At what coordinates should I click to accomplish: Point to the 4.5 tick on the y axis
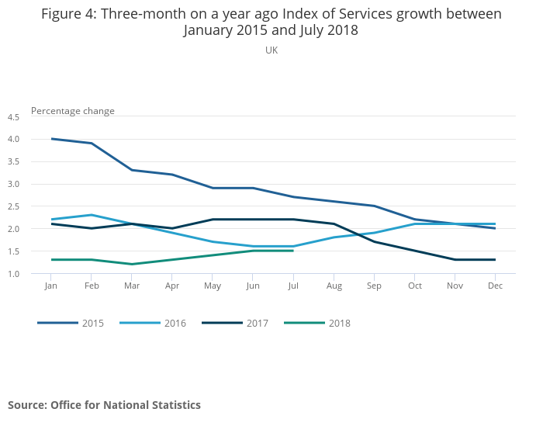(13, 117)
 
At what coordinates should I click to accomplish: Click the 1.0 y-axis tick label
(13, 274)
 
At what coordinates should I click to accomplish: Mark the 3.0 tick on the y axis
(13, 184)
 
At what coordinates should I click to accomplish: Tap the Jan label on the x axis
(51, 286)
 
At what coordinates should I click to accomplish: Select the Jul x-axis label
(293, 286)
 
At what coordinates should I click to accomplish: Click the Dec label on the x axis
(495, 286)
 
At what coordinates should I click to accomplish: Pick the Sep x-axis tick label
(374, 286)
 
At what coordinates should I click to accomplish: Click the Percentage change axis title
(73, 111)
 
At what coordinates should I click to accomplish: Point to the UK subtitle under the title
(271, 50)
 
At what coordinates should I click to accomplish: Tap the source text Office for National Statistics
(126, 405)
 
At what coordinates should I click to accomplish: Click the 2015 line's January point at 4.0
(51, 139)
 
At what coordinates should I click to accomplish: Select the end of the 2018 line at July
(293, 251)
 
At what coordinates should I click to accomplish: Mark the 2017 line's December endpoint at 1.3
(495, 260)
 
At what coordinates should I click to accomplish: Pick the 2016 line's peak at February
(92, 215)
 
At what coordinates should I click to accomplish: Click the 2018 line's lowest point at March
(132, 264)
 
